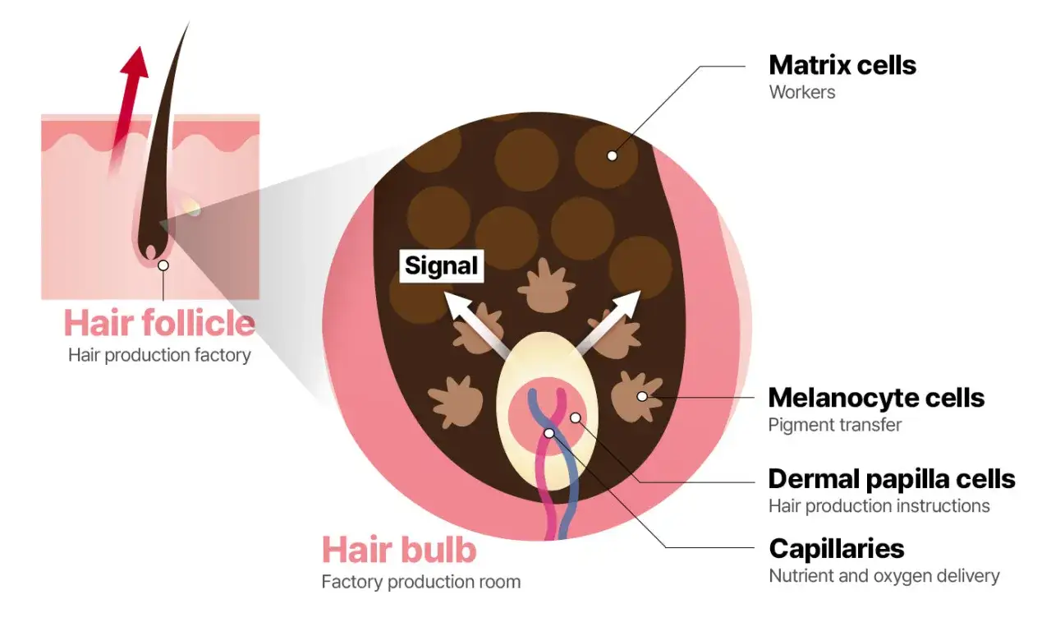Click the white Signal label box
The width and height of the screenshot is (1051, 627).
pos(442,265)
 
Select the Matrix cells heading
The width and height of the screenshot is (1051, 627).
pos(842,65)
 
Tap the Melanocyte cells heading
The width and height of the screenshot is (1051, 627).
pos(876,398)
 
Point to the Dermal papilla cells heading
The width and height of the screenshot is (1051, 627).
pos(892,478)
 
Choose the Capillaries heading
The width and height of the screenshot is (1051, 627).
pos(837,549)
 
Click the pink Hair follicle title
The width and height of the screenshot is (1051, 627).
pos(159,323)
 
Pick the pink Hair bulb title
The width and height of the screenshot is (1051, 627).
pos(399,549)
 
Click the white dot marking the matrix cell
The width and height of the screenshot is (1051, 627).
pos(612,156)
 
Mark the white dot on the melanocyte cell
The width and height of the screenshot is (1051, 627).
pos(642,396)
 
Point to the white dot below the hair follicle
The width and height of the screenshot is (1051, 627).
pos(163,265)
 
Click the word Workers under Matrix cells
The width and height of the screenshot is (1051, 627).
pos(802,92)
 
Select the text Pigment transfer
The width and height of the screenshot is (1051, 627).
pos(835,425)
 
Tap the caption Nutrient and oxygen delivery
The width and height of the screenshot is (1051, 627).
pos(884,576)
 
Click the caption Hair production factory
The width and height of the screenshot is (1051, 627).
pos(159,355)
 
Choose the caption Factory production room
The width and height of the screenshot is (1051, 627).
pos(421,582)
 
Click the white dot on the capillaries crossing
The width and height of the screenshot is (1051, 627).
pos(549,433)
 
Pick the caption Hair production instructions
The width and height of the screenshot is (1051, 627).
pos(879,506)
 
